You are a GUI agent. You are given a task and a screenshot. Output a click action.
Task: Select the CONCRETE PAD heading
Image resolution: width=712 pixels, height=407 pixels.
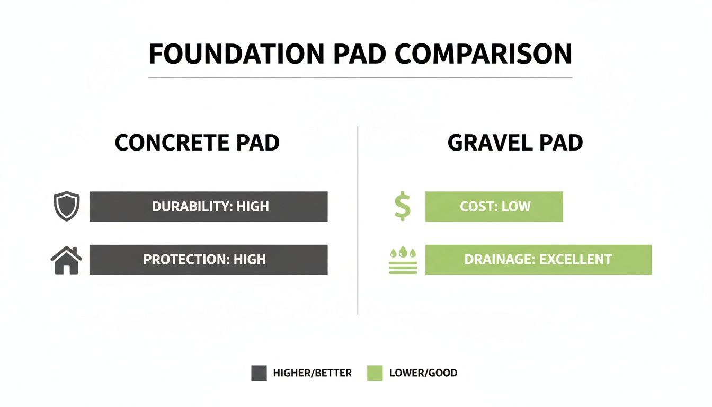tap(197, 143)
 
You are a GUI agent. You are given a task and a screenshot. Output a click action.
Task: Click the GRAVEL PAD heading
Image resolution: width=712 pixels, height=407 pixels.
tap(515, 143)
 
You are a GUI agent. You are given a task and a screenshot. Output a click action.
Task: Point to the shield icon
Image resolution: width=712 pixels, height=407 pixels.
tap(67, 207)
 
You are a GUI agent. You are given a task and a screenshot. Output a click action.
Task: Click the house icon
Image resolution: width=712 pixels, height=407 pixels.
tap(66, 260)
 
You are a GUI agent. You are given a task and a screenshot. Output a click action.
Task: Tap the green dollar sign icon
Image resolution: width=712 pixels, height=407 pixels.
tap(402, 207)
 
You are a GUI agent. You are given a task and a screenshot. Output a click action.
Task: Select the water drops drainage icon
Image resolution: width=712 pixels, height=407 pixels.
tap(403, 260)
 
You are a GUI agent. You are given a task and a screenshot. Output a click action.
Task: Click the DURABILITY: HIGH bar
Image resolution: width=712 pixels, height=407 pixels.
tap(208, 207)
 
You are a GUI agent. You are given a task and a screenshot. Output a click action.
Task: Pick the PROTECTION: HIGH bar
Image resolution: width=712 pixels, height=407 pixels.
tap(208, 260)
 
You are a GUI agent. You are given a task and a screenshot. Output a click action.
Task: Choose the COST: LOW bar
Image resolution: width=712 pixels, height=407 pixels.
tap(494, 207)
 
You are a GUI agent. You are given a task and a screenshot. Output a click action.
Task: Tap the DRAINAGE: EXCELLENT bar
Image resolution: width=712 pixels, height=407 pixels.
tap(538, 260)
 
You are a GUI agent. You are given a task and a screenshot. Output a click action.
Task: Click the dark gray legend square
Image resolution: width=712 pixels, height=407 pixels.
tap(259, 373)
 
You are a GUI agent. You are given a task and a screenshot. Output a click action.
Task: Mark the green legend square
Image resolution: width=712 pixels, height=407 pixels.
tap(375, 373)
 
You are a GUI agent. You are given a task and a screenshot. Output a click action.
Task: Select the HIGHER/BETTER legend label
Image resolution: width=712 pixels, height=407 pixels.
tap(312, 373)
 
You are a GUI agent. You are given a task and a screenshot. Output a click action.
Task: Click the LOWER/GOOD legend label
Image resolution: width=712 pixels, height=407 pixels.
tap(423, 373)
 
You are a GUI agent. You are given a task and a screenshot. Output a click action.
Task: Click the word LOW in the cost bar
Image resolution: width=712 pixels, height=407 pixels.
tap(515, 207)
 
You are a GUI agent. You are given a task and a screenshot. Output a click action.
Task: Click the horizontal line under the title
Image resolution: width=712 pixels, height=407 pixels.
tap(360, 78)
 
